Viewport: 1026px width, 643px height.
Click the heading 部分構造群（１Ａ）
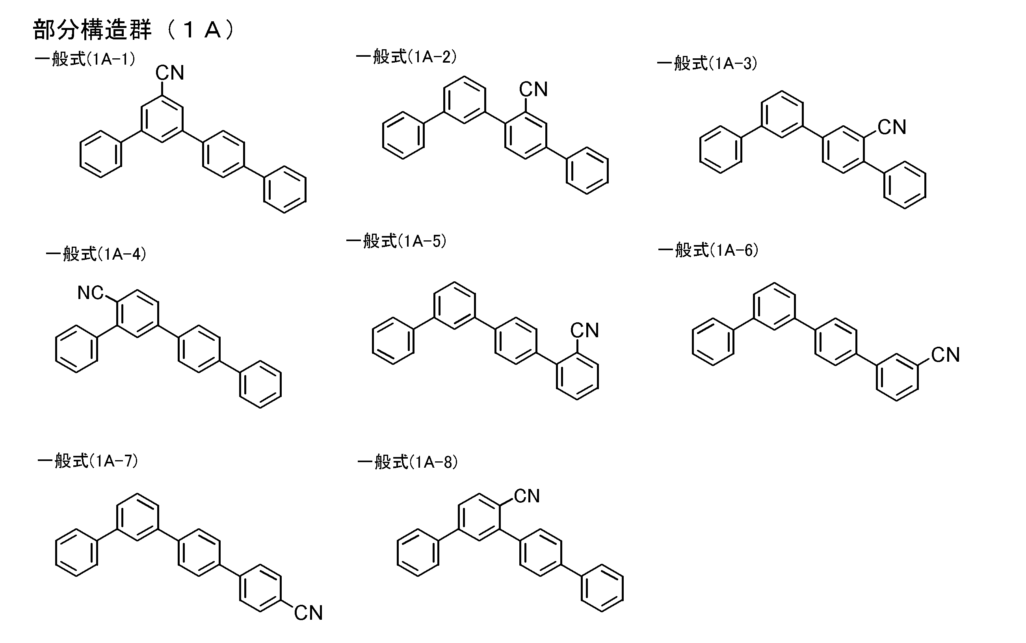[x=134, y=30]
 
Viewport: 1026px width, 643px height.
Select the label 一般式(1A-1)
[x=85, y=59]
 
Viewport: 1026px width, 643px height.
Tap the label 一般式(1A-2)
[x=406, y=57]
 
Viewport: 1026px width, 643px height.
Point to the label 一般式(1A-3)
[x=707, y=63]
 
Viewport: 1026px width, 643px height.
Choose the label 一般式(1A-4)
[x=96, y=254]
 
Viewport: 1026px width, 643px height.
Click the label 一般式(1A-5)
[x=396, y=241]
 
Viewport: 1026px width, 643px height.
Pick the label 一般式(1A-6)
[x=708, y=250]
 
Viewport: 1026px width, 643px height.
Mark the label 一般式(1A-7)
[x=88, y=461]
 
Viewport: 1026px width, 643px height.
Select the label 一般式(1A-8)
[x=408, y=462]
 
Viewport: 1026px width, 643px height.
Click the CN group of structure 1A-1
[x=170, y=73]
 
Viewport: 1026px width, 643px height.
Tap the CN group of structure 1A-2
[x=533, y=89]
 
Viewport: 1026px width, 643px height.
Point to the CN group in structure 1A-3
[x=892, y=127]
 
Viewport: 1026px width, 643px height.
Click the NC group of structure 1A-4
[x=90, y=293]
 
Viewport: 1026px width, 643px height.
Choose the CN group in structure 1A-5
[x=584, y=331]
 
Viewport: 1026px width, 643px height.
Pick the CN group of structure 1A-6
[x=945, y=355]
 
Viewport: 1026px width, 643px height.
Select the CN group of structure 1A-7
[x=308, y=613]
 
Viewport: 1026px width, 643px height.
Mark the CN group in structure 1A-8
[x=526, y=496]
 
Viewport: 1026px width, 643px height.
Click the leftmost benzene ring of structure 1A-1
[x=101, y=154]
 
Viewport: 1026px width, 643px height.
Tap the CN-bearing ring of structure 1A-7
[x=260, y=588]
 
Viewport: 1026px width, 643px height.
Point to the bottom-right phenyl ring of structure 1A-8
[x=602, y=588]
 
